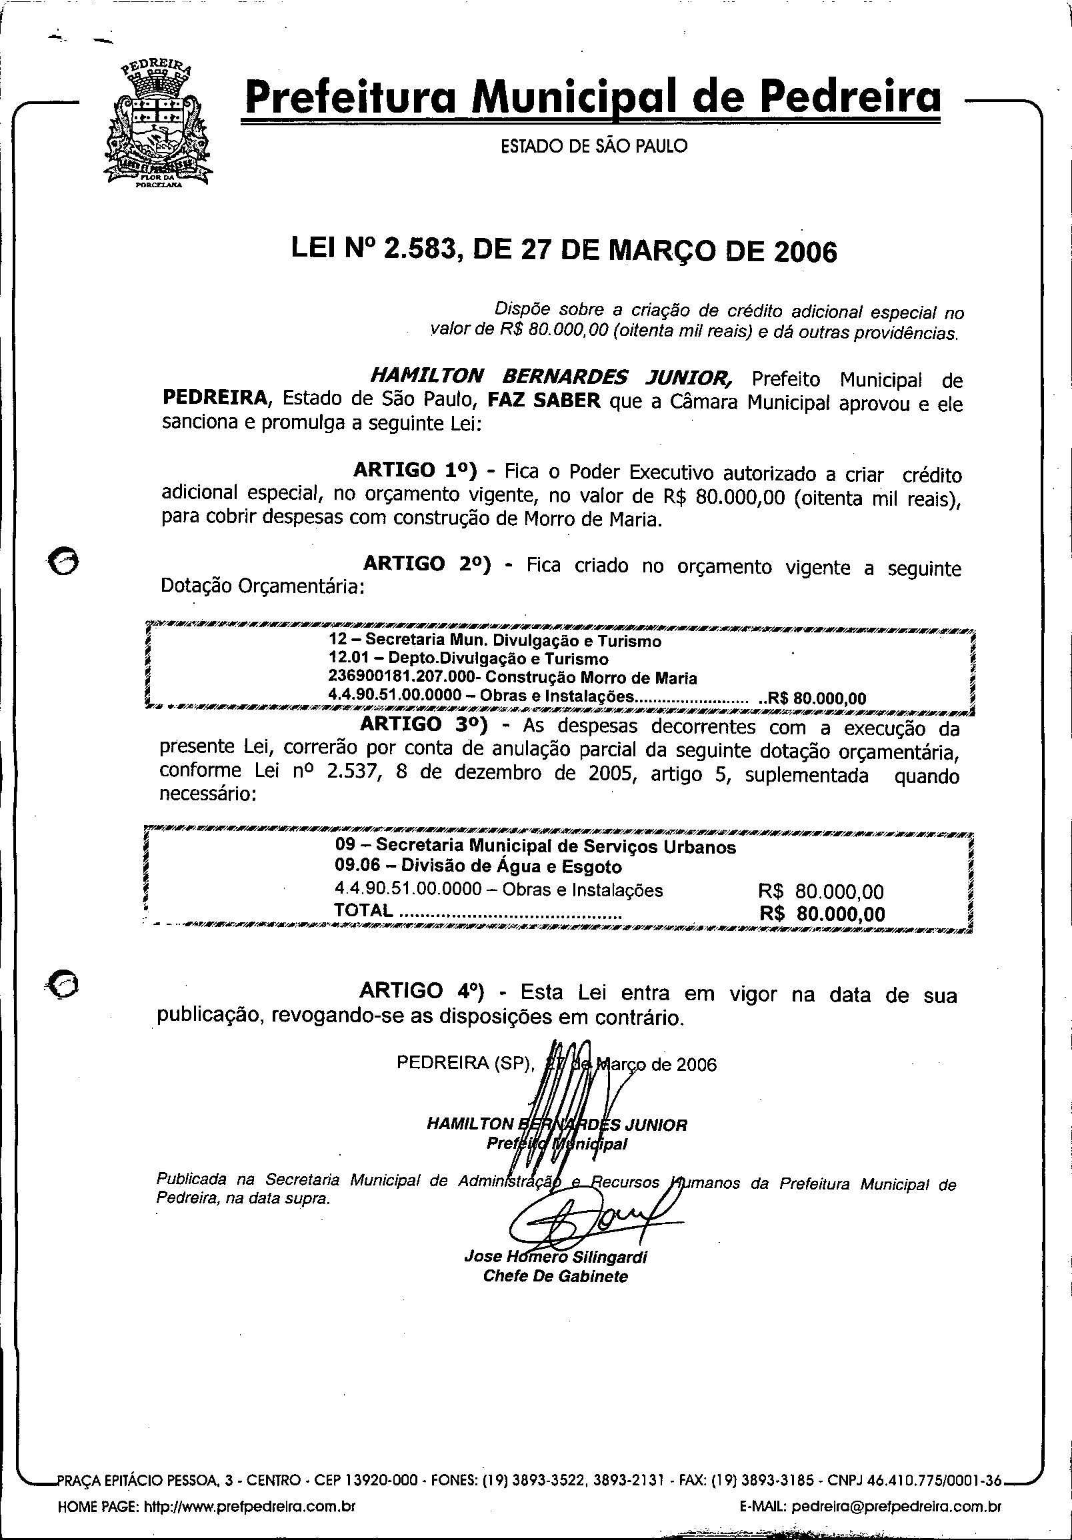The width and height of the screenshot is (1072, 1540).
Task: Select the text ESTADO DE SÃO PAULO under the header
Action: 595,145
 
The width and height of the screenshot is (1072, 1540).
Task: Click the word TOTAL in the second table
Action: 363,910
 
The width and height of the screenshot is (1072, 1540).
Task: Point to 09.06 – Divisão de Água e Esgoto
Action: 478,866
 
